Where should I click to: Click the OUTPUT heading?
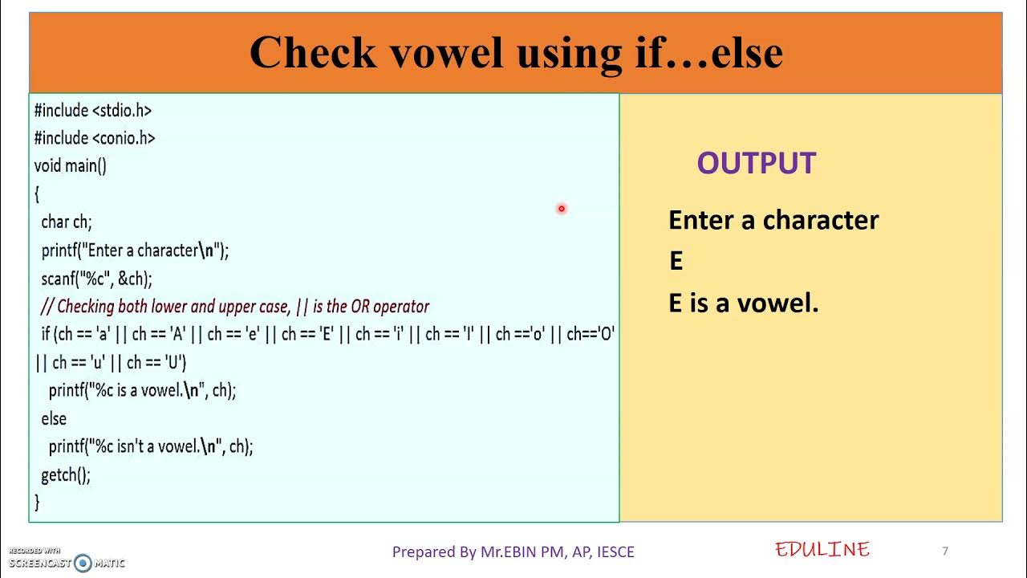click(x=756, y=164)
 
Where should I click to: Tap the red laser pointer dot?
click(x=562, y=209)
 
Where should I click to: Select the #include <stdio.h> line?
click(x=93, y=110)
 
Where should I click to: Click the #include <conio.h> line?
click(x=95, y=138)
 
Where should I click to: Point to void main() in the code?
click(x=71, y=166)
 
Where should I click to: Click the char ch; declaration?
click(x=67, y=222)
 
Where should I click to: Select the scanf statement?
click(x=96, y=279)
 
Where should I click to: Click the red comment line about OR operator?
click(x=235, y=307)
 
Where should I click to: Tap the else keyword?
click(x=54, y=418)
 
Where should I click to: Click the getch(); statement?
click(x=66, y=474)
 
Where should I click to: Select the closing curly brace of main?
click(x=37, y=503)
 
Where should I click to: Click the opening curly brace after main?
click(x=37, y=194)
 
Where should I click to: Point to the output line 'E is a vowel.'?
click(x=743, y=303)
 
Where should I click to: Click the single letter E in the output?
click(x=676, y=262)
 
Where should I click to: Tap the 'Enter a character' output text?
click(x=773, y=221)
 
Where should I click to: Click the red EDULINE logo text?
click(x=822, y=550)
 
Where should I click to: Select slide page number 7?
click(x=945, y=551)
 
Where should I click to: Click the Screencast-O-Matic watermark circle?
click(x=83, y=563)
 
